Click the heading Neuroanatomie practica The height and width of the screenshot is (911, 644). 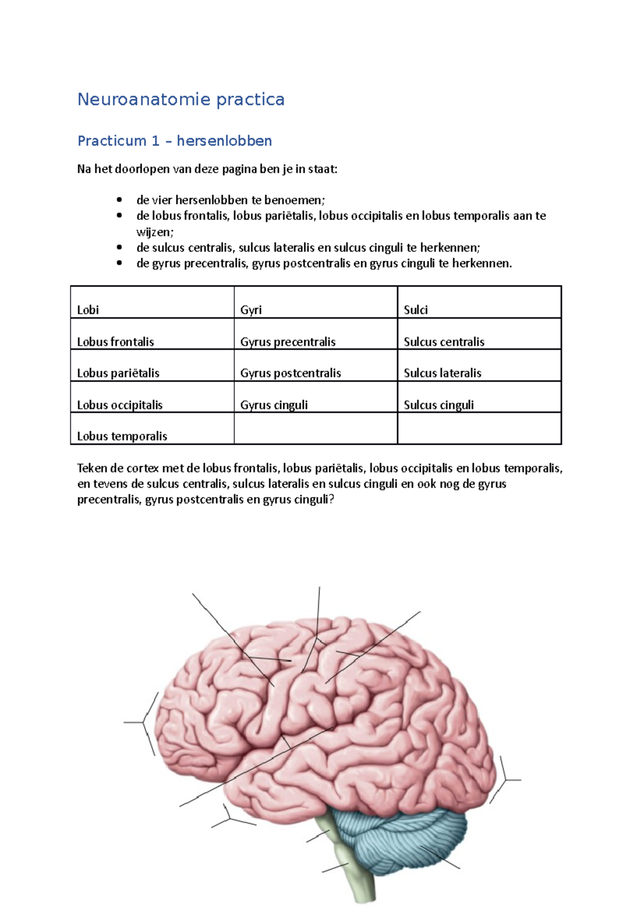[x=181, y=99]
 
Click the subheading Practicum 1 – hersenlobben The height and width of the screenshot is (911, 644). [x=174, y=141]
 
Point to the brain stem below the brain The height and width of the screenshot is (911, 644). [x=354, y=864]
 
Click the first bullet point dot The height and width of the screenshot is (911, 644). [x=119, y=200]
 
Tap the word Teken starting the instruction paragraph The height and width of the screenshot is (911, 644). [x=92, y=468]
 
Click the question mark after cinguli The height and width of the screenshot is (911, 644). [x=331, y=499]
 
